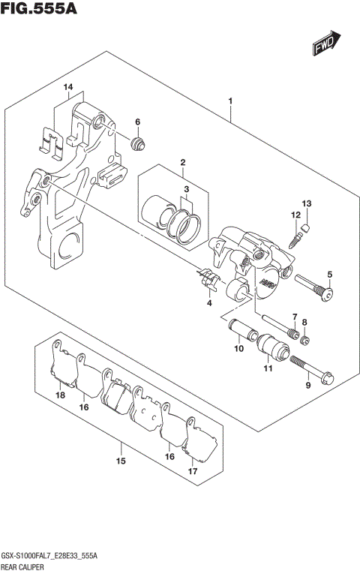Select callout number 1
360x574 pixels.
click(x=230, y=101)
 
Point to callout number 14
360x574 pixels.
click(x=68, y=88)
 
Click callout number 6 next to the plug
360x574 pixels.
click(x=137, y=122)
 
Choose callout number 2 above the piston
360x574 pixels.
click(x=181, y=163)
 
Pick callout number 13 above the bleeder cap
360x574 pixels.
click(x=306, y=204)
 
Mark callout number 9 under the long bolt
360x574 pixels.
click(x=307, y=386)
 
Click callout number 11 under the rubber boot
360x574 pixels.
click(x=268, y=368)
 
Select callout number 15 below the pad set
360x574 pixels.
click(x=120, y=461)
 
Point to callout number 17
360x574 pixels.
click(x=193, y=472)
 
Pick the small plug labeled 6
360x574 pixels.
click(x=137, y=143)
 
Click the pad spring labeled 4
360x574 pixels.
click(x=209, y=281)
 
